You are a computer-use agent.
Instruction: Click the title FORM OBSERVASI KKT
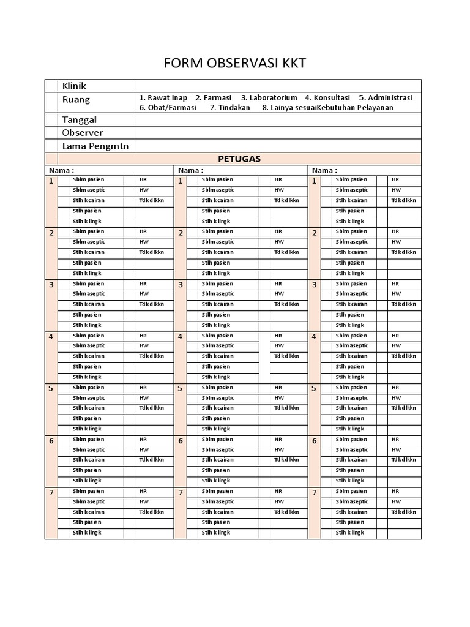[234, 63]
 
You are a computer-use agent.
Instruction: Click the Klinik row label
[75, 86]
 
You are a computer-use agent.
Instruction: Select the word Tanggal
[79, 119]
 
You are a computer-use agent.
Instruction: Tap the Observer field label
[82, 133]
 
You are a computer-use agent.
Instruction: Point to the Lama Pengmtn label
[96, 146]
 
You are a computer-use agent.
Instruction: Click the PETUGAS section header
[240, 159]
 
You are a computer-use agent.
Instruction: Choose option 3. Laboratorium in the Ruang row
[269, 98]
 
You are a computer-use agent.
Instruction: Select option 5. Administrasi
[386, 98]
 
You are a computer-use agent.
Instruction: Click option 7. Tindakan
[230, 108]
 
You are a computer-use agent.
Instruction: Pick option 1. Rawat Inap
[163, 98]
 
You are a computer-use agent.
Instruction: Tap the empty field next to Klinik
[278, 86]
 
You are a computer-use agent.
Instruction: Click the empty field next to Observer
[278, 133]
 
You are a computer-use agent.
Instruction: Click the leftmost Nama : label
[62, 170]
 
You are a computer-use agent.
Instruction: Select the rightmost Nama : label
[324, 170]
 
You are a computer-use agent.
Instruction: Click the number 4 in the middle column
[181, 337]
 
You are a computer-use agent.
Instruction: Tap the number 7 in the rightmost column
[314, 493]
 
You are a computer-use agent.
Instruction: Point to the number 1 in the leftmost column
[51, 181]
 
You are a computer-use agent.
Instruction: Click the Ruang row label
[76, 100]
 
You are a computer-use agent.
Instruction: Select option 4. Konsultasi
[327, 98]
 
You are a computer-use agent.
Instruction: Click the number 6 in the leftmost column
[51, 441]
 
